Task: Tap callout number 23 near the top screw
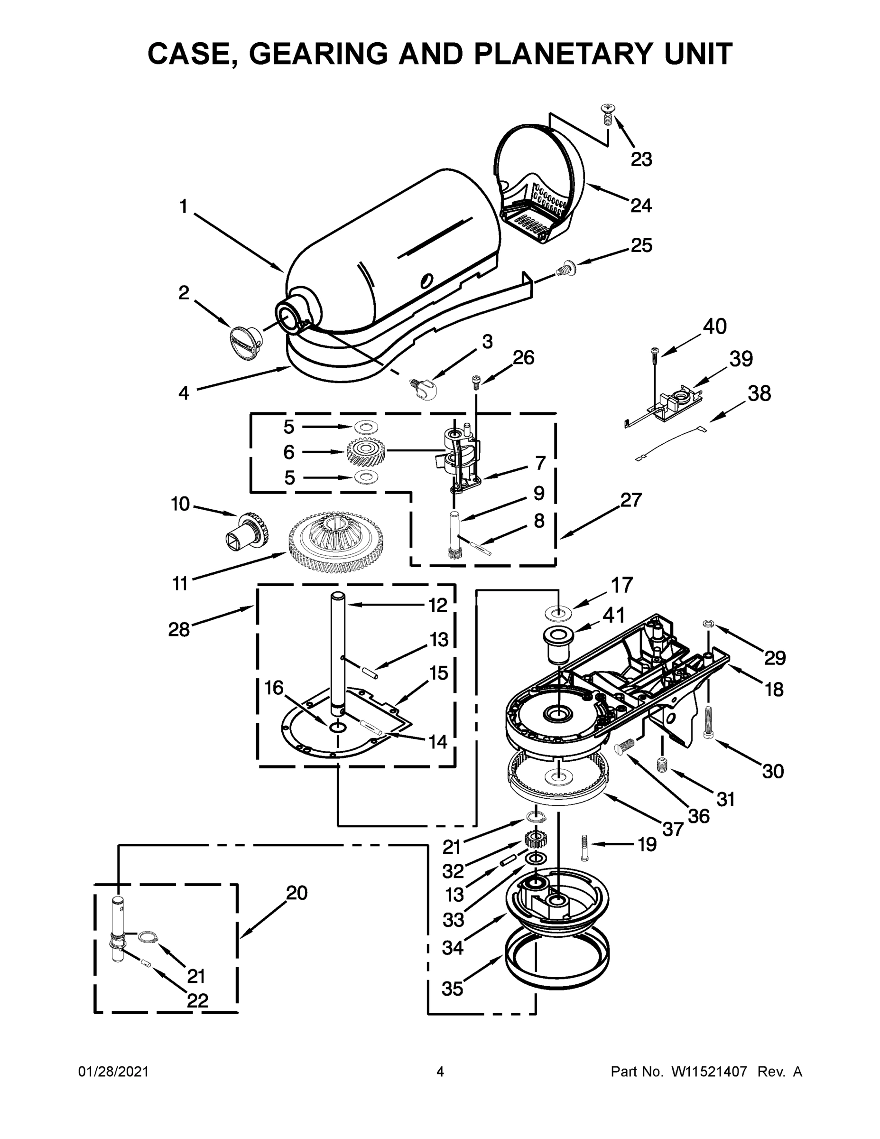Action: pyautogui.click(x=641, y=159)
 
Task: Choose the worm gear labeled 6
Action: pyautogui.click(x=365, y=452)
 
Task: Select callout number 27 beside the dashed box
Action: pyautogui.click(x=630, y=500)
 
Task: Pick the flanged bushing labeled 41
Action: pyautogui.click(x=558, y=645)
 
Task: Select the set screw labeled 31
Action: pyautogui.click(x=662, y=766)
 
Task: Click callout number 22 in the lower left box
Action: pyautogui.click(x=197, y=1000)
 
